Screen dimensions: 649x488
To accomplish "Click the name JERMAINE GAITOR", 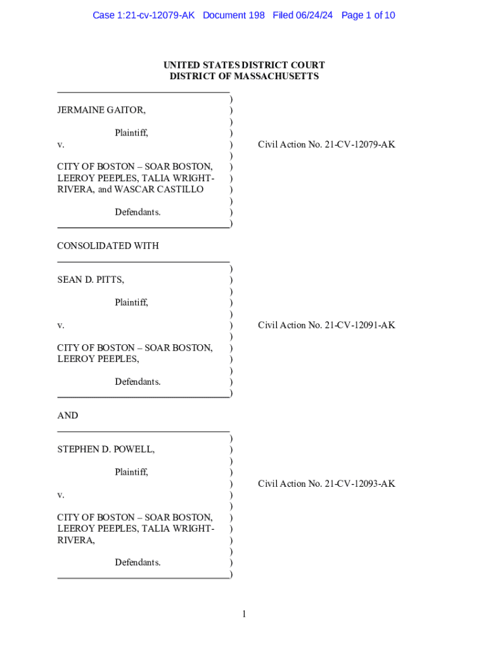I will tap(100, 110).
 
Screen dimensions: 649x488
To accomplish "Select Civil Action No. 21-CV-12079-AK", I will tap(326, 145).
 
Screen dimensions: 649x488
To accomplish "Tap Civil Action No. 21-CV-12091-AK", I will tap(326, 325).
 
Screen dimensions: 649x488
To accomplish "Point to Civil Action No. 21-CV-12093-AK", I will tap(326, 484).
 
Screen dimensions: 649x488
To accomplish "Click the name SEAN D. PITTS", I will tap(90, 280).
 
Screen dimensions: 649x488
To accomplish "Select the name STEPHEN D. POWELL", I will tap(105, 449).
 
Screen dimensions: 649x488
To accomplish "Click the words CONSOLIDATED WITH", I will tap(108, 246).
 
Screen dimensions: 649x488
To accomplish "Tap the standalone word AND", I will tap(68, 416).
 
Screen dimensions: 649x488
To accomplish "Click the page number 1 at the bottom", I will tap(244, 614).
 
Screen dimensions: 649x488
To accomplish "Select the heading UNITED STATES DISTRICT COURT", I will tap(244, 65).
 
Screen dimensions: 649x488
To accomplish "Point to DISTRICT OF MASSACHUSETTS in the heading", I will tap(244, 77).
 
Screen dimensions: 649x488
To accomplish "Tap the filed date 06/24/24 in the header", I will tap(314, 15).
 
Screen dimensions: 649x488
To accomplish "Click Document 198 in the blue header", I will tap(234, 15).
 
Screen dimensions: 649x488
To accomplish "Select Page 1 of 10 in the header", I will tap(368, 15).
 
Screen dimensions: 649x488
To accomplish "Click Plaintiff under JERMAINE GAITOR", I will tap(131, 133).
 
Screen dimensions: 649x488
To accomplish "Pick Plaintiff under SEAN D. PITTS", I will tap(131, 302).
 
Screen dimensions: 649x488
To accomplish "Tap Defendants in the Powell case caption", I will tap(138, 562).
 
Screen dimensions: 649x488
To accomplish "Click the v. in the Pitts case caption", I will tap(60, 325).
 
